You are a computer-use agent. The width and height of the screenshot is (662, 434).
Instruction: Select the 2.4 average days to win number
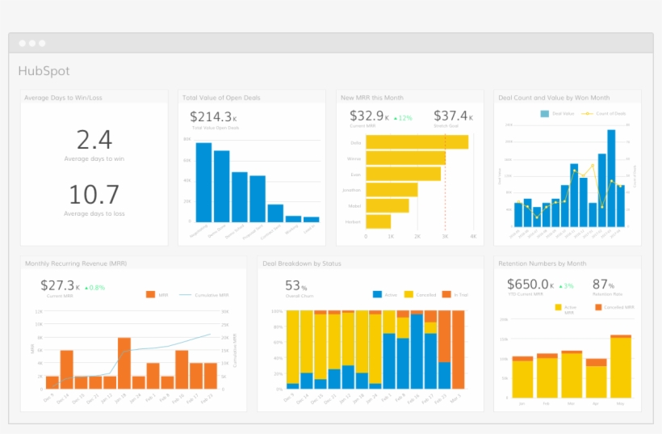[x=94, y=140]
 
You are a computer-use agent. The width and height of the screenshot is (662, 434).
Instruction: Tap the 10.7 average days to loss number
[x=94, y=195]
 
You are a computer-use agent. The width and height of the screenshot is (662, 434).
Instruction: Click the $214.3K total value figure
[x=212, y=116]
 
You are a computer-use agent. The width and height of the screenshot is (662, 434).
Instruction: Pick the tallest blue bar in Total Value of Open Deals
[x=203, y=181]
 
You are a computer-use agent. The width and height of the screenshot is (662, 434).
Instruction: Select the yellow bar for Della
[x=417, y=142]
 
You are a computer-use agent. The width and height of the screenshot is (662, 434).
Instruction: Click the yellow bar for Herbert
[x=378, y=221]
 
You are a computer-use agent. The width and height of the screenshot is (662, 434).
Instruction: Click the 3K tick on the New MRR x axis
[x=445, y=237]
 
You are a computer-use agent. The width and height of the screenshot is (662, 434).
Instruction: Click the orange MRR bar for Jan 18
[x=124, y=363]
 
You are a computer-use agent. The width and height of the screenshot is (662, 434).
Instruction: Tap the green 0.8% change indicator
[x=94, y=287]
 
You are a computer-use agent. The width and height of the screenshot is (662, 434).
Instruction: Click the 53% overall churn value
[x=295, y=285]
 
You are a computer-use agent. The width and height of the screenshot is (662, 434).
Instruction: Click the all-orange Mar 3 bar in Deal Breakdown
[x=458, y=349]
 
